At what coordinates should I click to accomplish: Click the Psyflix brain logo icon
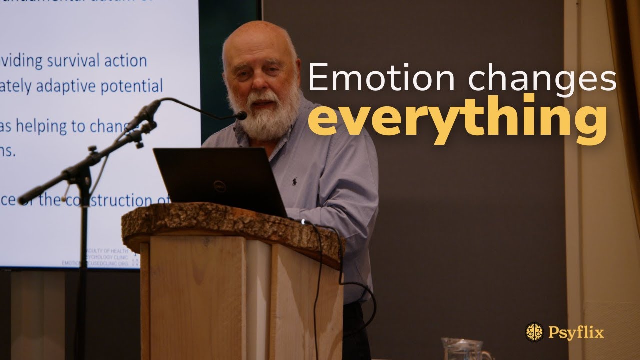point(534,332)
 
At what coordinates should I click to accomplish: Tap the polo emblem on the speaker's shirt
point(295,181)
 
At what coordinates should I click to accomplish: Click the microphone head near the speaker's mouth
point(241,116)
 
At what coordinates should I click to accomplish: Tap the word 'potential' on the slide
point(132,87)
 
